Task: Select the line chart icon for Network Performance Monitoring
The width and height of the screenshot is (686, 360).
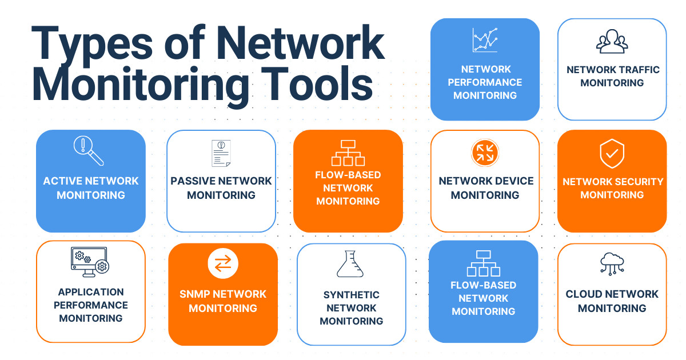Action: point(485,41)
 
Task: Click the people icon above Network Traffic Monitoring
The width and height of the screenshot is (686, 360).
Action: point(612,42)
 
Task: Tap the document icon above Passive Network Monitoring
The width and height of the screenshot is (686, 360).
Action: point(221,153)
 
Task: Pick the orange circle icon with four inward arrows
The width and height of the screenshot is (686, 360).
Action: point(485,153)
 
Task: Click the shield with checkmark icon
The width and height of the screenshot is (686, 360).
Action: point(612,154)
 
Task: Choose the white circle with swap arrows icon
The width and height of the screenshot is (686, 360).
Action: point(222,263)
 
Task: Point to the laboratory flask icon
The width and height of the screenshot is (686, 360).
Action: point(350,264)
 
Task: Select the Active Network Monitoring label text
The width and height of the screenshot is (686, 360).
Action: point(91,188)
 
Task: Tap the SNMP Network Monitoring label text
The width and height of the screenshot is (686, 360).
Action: point(222,301)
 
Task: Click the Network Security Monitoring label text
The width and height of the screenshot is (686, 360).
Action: point(612,188)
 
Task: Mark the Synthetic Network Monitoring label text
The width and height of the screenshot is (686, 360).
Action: point(351,308)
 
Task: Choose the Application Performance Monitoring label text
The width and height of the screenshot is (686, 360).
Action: point(91,305)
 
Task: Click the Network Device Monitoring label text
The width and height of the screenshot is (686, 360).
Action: point(485,188)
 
